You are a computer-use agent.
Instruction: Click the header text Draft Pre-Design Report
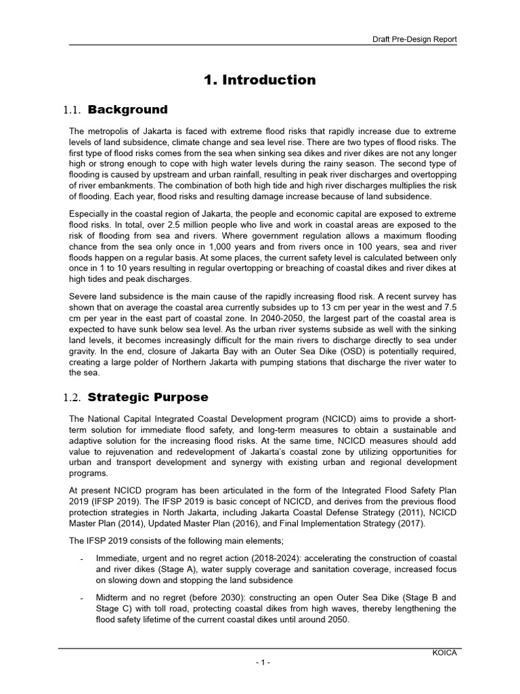coord(414,39)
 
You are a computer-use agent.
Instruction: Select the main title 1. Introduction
coord(260,80)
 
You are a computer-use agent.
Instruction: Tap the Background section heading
coord(127,110)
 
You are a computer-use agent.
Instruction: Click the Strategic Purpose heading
coord(148,397)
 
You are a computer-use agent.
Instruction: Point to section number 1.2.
coord(72,398)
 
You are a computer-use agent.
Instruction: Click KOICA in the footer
coord(445,652)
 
